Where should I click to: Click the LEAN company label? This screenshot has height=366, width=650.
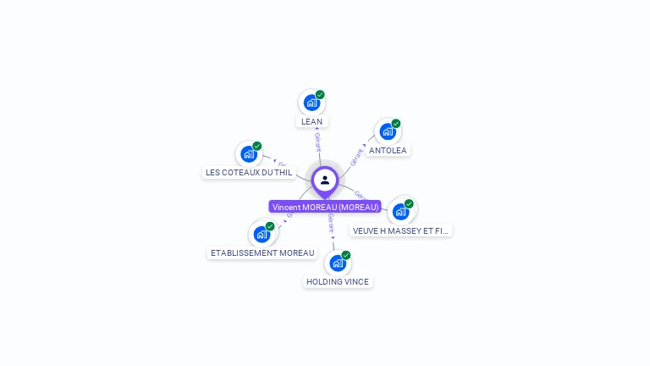point(311,122)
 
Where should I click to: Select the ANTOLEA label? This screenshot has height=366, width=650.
point(388,151)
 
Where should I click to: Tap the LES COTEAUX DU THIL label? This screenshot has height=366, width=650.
point(249,173)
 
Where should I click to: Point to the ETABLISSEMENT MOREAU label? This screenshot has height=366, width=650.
point(262,253)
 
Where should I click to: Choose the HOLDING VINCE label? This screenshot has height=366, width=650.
point(338,282)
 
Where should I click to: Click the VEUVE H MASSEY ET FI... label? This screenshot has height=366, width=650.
point(401,230)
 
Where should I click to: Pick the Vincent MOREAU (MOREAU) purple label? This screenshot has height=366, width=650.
point(325,207)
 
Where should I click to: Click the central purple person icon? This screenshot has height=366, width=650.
point(325,180)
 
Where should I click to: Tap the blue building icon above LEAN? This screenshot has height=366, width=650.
point(311,103)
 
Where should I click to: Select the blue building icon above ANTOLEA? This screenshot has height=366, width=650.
point(387,131)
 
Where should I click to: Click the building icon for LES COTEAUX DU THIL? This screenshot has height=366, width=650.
point(248,153)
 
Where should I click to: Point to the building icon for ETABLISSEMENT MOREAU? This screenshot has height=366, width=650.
point(262,234)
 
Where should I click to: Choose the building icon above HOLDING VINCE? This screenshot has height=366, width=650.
point(338,263)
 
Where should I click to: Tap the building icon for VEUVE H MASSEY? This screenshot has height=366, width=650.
point(400,211)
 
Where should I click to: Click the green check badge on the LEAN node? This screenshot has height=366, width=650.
point(320,95)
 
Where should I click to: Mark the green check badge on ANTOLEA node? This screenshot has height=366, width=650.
point(396,124)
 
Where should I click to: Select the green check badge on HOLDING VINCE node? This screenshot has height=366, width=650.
point(346,255)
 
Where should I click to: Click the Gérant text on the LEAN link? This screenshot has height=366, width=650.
point(317,141)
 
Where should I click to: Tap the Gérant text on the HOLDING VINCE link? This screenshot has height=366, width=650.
point(331,225)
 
